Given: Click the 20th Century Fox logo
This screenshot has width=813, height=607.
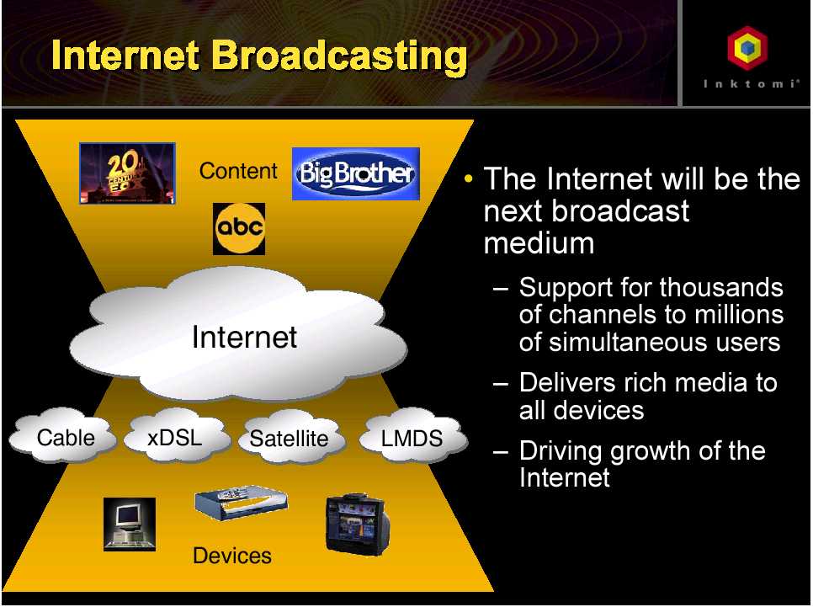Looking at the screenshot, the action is point(128,173).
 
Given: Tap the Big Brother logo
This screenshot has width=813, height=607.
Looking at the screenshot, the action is point(356,173).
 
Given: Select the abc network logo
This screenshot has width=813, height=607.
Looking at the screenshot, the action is point(239,229).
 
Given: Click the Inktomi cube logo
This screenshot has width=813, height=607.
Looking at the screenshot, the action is point(747,48).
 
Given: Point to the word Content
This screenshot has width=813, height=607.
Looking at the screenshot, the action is point(238,171).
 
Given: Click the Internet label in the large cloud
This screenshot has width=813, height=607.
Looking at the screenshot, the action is point(244,337).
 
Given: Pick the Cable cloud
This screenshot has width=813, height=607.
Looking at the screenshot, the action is point(63,436).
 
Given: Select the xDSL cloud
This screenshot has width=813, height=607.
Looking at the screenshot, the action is point(176,436).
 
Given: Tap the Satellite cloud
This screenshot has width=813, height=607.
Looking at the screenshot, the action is point(290,437).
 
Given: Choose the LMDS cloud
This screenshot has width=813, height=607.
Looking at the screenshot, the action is point(412,436).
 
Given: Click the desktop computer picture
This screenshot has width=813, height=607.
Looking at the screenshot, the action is point(130,524).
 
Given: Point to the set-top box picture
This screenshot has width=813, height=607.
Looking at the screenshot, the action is point(241,503).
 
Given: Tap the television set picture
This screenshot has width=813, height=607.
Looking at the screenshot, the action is point(357,524).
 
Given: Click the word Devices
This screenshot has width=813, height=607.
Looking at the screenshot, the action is point(232,556).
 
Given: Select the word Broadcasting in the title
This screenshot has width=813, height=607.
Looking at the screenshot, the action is point(340,56).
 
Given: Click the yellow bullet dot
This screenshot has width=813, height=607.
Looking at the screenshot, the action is point(469,179).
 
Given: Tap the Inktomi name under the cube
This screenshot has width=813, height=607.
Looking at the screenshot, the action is point(751,83).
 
